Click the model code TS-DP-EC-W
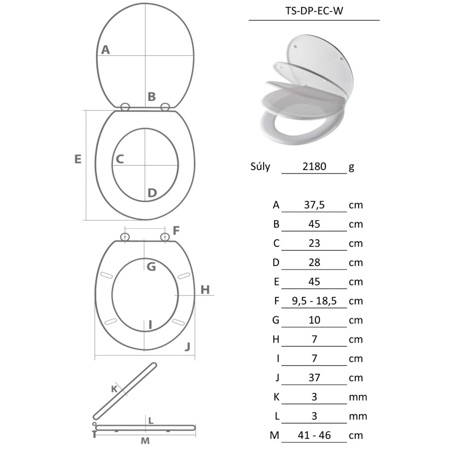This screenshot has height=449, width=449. pos(314,11)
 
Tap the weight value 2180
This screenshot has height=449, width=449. pos(314,166)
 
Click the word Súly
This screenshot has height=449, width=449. pos(260,166)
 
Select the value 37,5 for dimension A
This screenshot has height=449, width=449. pos(314,205)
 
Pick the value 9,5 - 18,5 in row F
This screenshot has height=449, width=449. pos(314,301)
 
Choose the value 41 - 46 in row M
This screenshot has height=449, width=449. pos(314,435)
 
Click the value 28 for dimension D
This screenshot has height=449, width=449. pos(314,263)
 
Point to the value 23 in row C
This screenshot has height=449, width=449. pos(314,243)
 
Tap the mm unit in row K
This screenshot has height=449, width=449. pos(358,397)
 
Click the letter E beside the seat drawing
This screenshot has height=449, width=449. pos(78,159)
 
